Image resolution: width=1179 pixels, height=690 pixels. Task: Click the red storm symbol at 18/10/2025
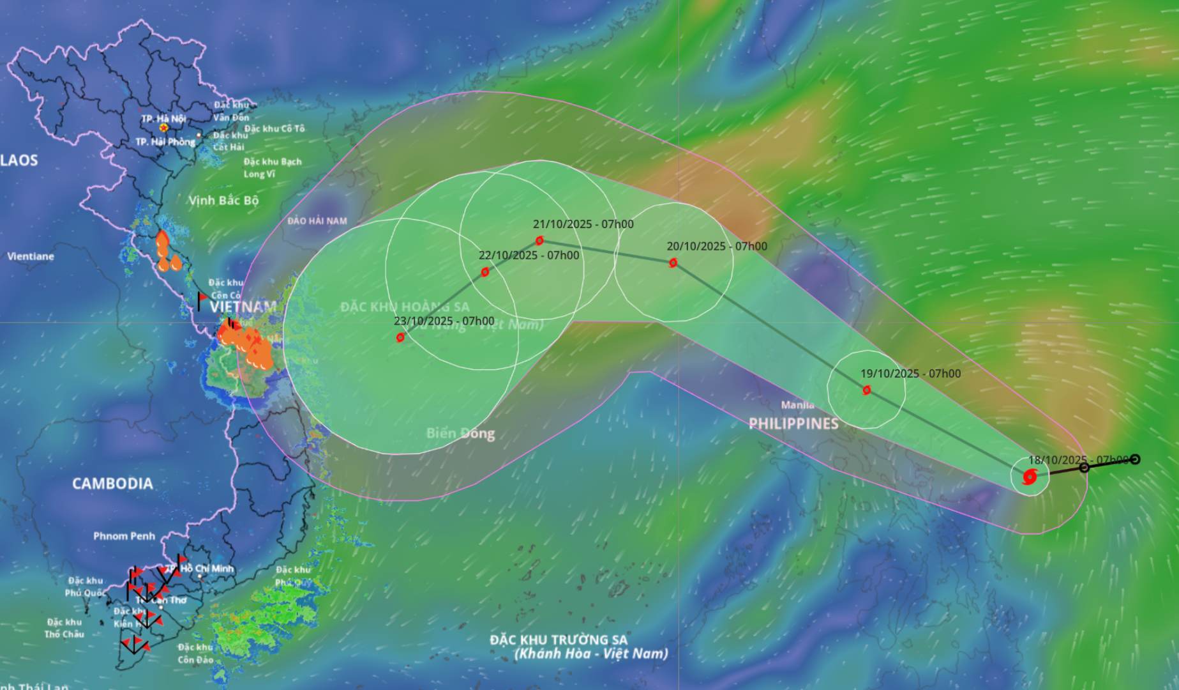coord(1029,477)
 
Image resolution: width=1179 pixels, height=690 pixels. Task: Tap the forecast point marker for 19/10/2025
coord(866,390)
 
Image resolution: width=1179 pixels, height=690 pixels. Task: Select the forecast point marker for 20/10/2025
coord(673,263)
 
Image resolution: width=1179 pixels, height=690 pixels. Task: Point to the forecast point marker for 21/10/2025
coord(539,241)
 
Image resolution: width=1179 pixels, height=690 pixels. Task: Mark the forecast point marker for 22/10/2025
coord(484,272)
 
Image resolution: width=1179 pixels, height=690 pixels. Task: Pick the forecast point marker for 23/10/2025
coord(400,337)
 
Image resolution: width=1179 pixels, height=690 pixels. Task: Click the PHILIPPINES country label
coord(793,424)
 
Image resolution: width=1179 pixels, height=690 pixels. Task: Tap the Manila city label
coord(797,405)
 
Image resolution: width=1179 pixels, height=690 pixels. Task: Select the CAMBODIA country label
coord(112,484)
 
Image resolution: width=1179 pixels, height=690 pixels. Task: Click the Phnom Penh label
coord(124,536)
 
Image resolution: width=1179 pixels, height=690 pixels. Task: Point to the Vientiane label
coord(31,257)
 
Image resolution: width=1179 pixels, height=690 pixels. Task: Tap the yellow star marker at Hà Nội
coord(164,128)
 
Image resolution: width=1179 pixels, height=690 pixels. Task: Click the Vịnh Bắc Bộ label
coord(223,201)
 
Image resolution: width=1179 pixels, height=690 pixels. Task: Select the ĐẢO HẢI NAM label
coord(317,221)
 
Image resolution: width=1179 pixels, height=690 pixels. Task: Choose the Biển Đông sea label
coord(460,434)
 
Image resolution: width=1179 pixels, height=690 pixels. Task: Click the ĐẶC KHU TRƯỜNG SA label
coord(559,640)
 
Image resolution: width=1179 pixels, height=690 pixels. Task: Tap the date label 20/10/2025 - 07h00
coord(717,247)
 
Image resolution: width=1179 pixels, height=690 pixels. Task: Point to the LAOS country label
coord(19,160)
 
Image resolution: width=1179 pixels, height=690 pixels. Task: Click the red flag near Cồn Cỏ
coord(202,298)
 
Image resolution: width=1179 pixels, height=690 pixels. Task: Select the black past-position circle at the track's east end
coord(1134,459)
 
